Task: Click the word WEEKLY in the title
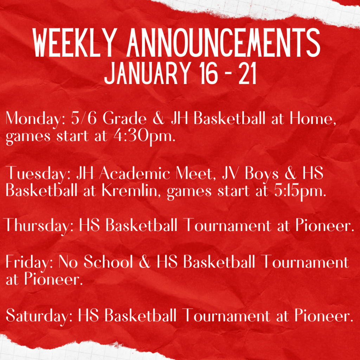73,43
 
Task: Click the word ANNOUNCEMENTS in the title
223,43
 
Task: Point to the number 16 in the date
208,73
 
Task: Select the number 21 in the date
247,73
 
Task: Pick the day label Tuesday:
38,174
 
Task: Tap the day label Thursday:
39,226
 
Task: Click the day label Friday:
29,262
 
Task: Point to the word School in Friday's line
108,262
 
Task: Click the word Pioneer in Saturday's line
324,315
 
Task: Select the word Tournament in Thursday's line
227,225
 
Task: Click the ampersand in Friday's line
144,262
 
